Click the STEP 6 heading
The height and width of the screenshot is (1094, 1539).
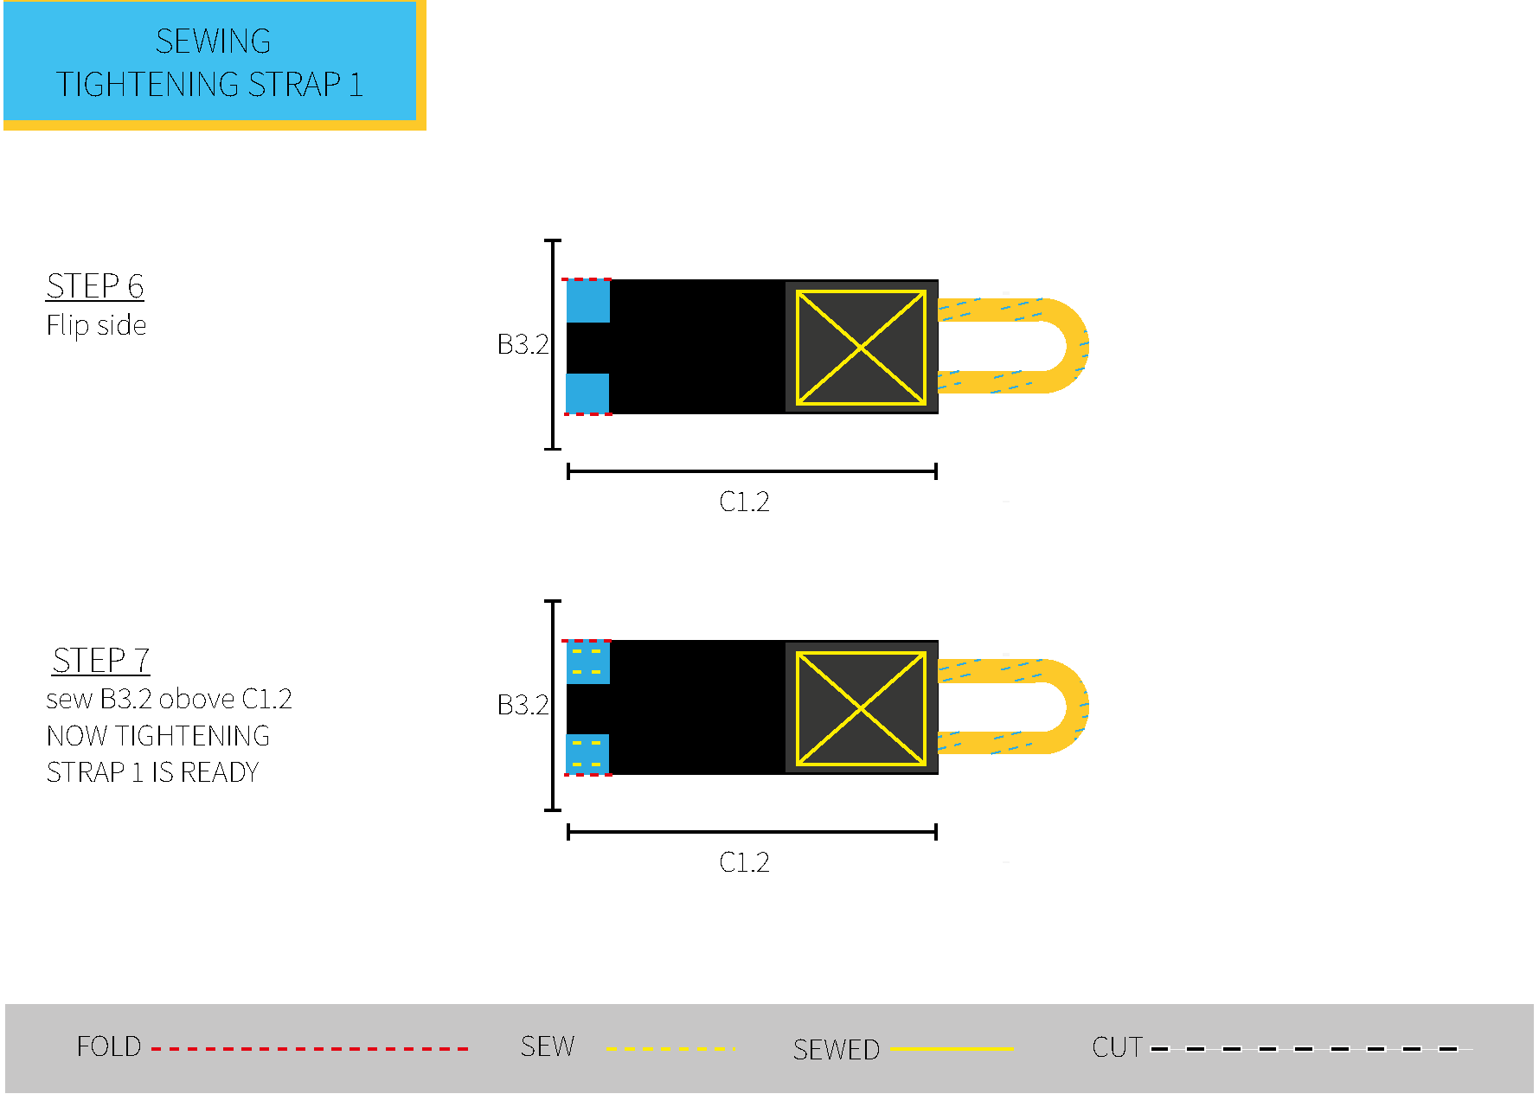point(95,285)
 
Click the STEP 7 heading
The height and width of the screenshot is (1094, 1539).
point(101,660)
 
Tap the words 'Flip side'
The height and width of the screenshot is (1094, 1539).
point(96,325)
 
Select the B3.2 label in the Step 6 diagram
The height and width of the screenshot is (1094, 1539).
point(523,344)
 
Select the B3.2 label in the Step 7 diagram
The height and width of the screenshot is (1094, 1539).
point(523,705)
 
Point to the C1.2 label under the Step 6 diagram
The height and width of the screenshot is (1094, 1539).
point(744,502)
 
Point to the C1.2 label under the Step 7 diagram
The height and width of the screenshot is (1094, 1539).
point(744,862)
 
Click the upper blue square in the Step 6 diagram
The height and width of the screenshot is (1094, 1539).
point(588,301)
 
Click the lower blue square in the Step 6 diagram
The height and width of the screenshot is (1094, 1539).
point(587,393)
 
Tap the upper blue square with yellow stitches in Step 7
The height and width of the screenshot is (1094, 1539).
point(588,662)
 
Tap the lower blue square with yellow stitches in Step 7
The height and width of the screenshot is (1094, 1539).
point(587,754)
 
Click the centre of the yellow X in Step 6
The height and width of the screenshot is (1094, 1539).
point(861,348)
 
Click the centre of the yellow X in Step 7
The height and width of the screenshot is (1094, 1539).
point(861,708)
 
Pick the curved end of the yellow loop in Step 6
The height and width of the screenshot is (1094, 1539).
point(1077,346)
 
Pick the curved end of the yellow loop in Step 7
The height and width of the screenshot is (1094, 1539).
point(1077,707)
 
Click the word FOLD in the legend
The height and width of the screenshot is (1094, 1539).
point(109,1046)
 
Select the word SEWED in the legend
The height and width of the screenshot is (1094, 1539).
point(836,1050)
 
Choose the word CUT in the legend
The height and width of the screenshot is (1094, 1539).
point(1118,1047)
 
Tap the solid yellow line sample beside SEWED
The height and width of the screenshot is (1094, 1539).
point(952,1049)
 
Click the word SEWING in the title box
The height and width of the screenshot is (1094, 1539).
point(213,41)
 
